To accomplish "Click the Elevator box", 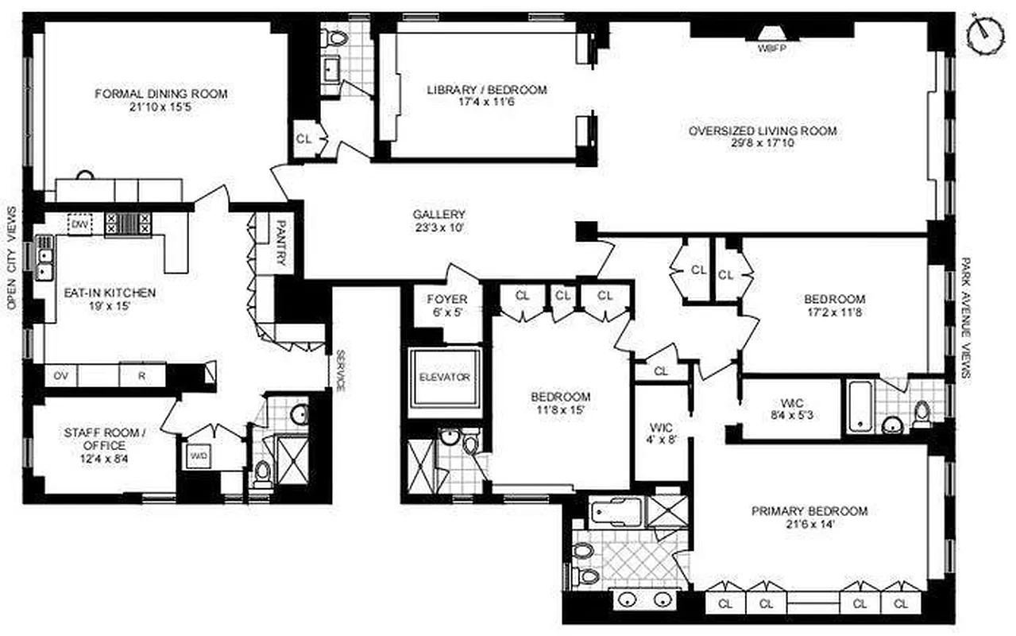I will point(444,378).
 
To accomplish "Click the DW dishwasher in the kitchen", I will point(79,225).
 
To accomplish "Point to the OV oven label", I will point(60,375).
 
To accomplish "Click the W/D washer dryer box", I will point(197,456).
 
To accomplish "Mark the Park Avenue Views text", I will point(967,318).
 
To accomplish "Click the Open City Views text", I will point(11,258).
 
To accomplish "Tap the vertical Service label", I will point(339,370).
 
